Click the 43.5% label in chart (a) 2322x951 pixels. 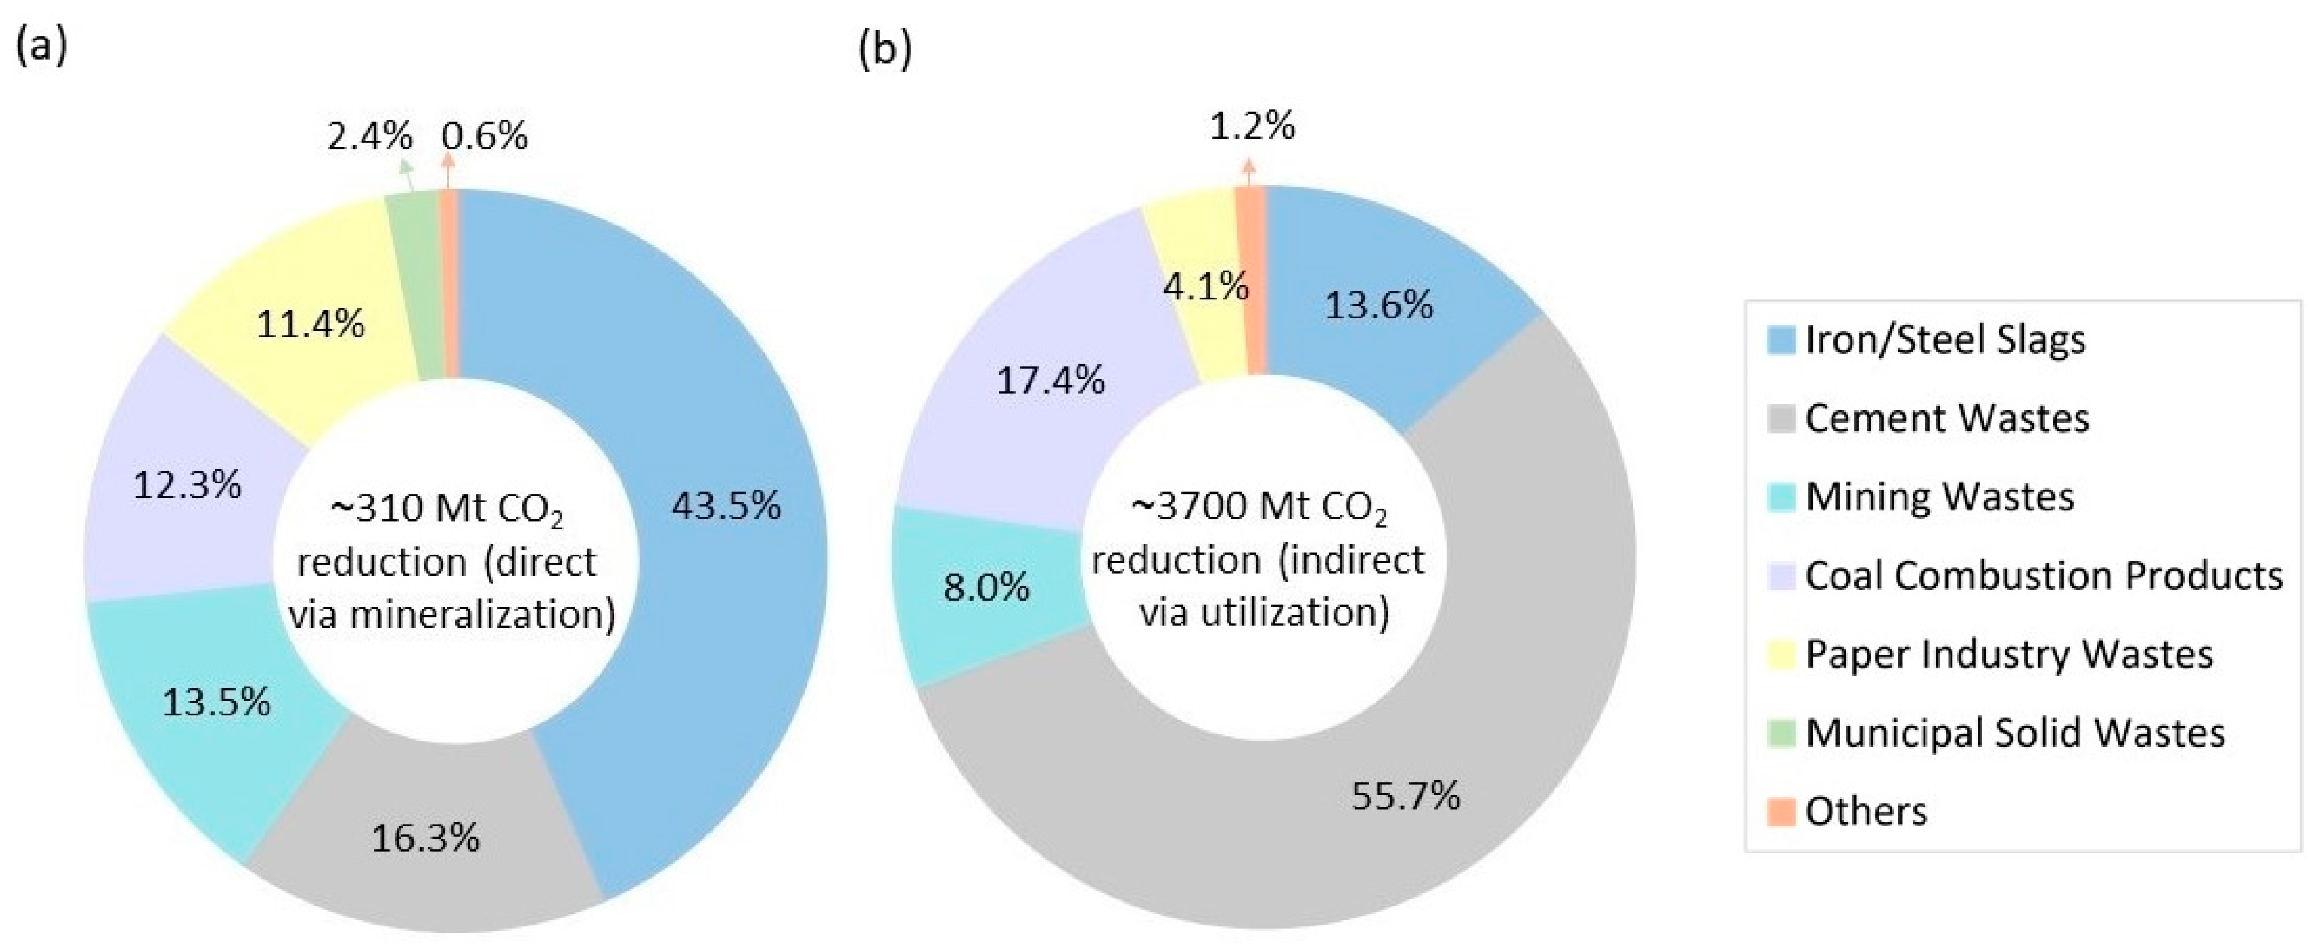coord(725,506)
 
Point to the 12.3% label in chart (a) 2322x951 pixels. coord(187,486)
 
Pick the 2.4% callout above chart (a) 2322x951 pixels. coord(370,137)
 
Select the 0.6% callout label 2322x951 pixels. coord(484,137)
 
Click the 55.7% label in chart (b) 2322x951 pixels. coord(1405,796)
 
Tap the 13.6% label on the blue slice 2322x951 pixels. coord(1378,306)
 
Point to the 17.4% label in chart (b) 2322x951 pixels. coord(1050,381)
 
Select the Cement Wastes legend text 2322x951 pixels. coord(1947,418)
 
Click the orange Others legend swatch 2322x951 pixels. coord(1781,811)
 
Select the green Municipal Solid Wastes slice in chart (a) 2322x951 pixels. coord(416,288)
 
